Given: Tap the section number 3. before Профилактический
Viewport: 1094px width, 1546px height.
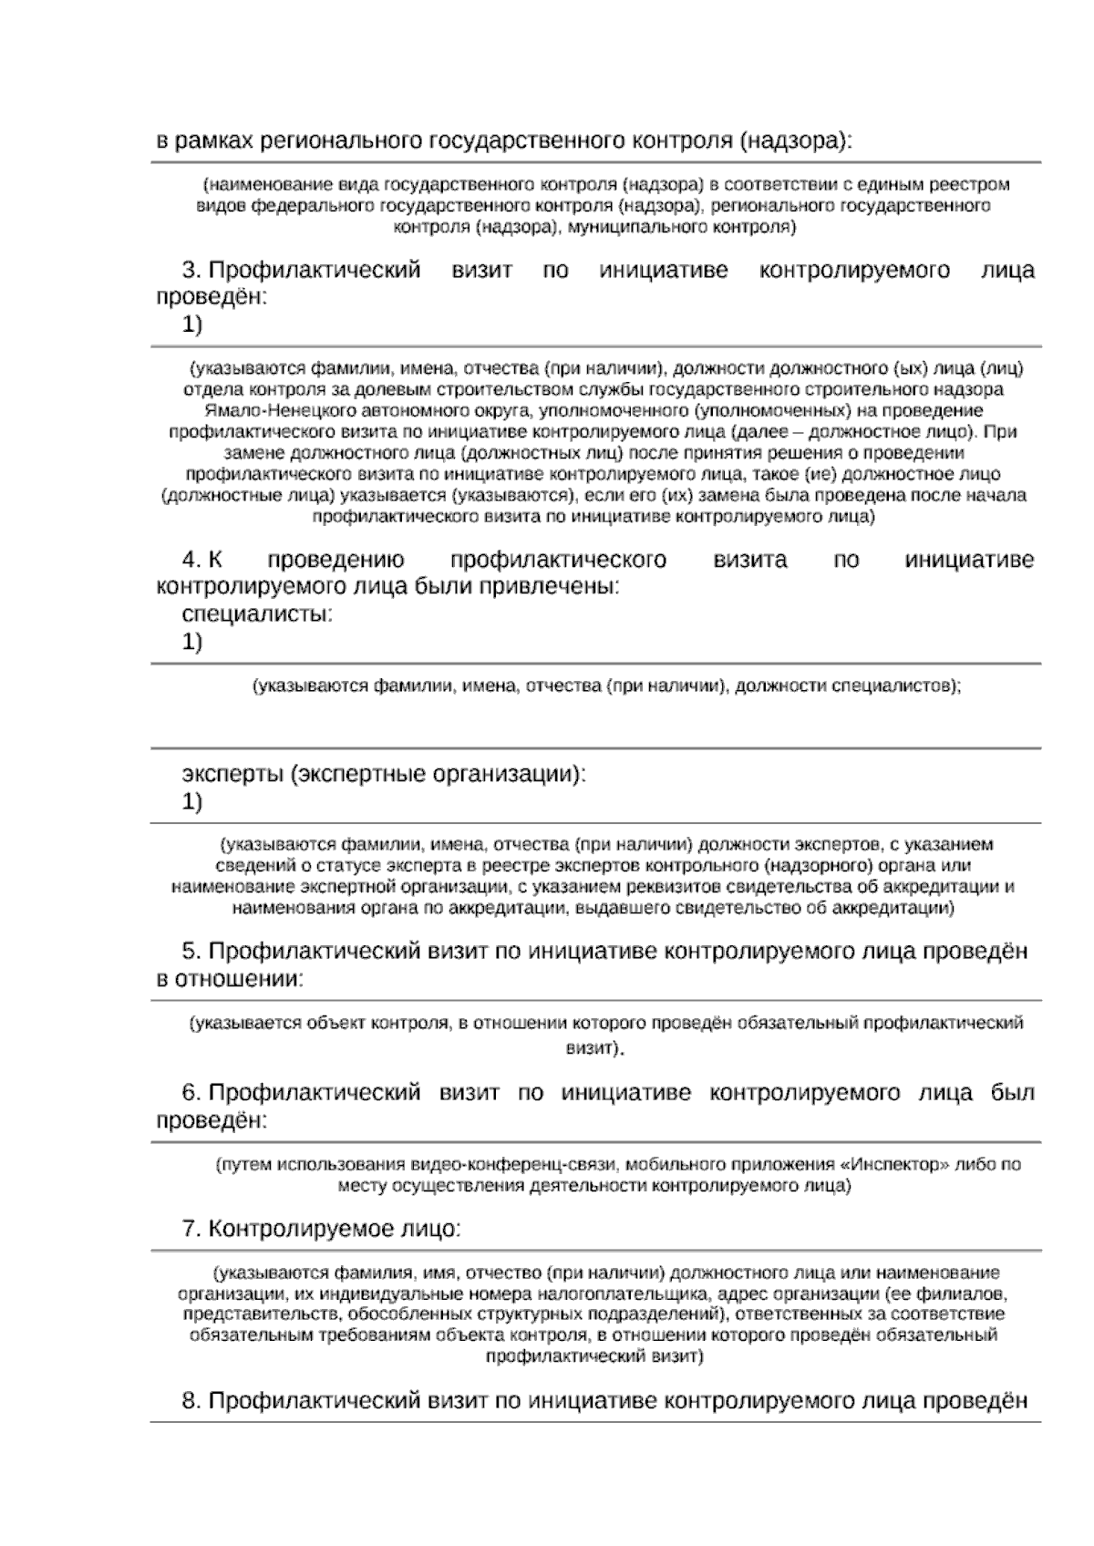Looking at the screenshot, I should [x=191, y=271].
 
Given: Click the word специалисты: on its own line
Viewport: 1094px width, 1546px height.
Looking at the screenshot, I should [x=258, y=614].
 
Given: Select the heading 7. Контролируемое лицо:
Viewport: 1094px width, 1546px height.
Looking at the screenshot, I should [x=321, y=1230].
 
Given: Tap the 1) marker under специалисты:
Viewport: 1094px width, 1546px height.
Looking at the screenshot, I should [x=191, y=643].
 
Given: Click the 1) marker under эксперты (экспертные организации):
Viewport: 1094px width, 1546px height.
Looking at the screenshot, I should [x=191, y=803].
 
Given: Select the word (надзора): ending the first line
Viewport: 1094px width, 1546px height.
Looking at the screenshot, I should [x=795, y=141].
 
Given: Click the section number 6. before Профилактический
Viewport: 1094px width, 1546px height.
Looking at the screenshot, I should [x=191, y=1093].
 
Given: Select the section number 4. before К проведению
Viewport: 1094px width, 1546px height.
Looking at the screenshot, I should [x=191, y=560].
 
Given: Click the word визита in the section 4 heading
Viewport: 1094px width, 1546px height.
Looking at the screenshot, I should [x=749, y=560].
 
